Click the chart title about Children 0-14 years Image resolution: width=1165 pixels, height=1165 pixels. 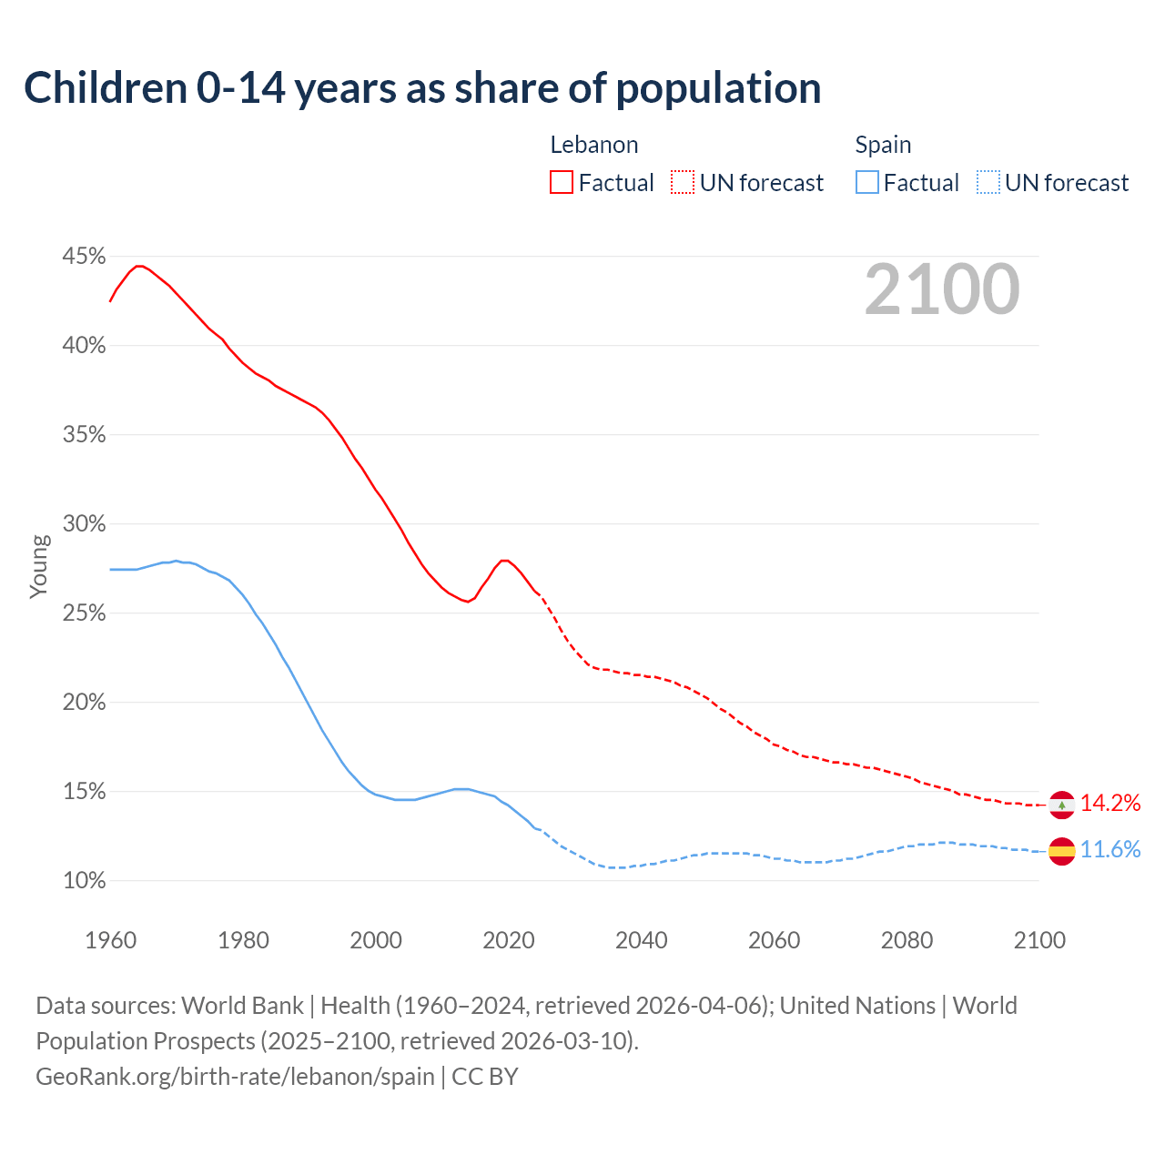tap(422, 88)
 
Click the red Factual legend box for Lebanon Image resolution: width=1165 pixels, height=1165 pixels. tap(562, 183)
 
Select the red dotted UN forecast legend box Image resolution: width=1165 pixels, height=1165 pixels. tap(683, 183)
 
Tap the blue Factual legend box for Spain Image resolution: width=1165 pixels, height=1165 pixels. tap(867, 183)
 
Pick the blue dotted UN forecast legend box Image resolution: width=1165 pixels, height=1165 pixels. tap(988, 183)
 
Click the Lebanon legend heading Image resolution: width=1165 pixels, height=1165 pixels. tap(594, 145)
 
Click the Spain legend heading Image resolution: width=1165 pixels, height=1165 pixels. tap(883, 145)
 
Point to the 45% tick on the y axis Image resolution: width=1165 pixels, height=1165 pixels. tap(84, 257)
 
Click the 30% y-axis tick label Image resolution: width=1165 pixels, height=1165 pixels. tap(84, 524)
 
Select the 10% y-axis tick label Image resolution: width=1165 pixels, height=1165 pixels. tap(84, 881)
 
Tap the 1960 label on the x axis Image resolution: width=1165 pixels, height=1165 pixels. tap(110, 940)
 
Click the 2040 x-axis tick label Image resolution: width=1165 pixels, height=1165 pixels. tap(642, 940)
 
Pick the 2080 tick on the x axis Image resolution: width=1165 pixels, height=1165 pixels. tap(907, 940)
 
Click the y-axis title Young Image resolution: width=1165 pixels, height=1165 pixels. tap(39, 566)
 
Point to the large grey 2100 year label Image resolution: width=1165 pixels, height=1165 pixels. tap(942, 289)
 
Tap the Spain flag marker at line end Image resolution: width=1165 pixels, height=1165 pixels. tap(1061, 851)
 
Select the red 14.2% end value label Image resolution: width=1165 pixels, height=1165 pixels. tap(1110, 803)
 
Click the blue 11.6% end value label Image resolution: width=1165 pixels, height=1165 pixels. tap(1110, 850)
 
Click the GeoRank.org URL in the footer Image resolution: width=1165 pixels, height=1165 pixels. tap(235, 1077)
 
